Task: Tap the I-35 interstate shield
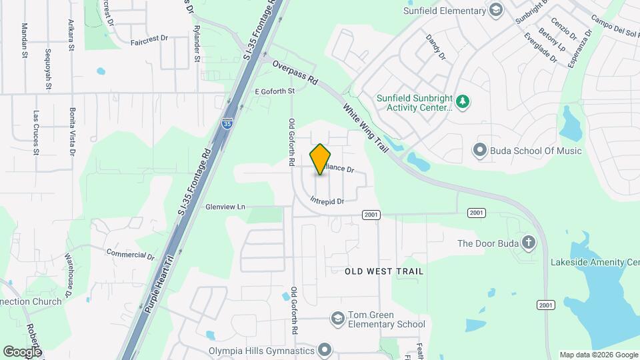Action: click(228, 123)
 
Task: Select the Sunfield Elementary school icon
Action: click(495, 10)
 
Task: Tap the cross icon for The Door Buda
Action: click(529, 243)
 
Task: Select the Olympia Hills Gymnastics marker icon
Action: click(325, 349)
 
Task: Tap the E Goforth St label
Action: click(275, 91)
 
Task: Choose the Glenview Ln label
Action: click(225, 207)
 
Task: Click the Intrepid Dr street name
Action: click(327, 201)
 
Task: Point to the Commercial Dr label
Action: click(131, 253)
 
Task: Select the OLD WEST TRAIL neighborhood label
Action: click(384, 271)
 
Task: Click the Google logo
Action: click(22, 351)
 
